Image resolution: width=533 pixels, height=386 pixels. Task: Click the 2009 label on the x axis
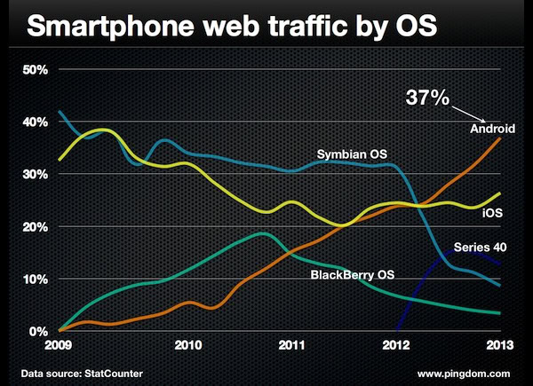point(59,343)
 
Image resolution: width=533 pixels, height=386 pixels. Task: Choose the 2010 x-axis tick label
point(187,343)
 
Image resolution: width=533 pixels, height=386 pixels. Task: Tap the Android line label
point(492,130)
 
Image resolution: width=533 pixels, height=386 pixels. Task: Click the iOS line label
point(493,212)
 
